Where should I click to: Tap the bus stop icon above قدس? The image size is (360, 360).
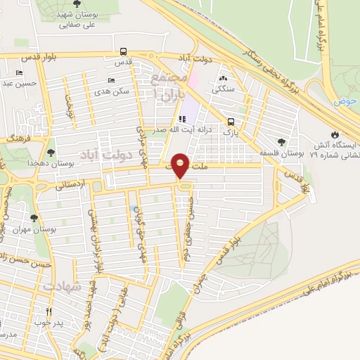(x=124, y=51)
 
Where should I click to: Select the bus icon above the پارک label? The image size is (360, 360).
(x=231, y=121)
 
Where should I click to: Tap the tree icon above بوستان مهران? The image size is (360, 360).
(x=34, y=219)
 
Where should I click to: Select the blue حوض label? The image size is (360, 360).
(x=345, y=101)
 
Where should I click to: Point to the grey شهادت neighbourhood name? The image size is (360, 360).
(x=61, y=288)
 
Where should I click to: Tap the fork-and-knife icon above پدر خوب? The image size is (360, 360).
(x=49, y=311)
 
